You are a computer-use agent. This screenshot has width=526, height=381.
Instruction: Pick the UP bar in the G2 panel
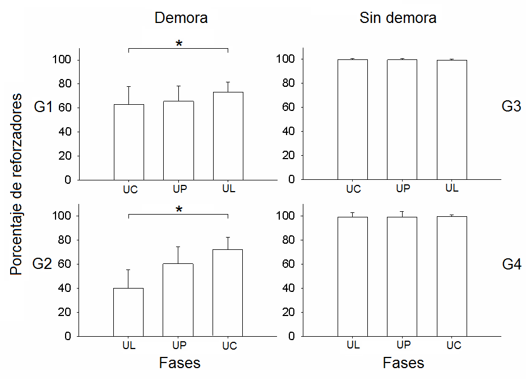pyautogui.click(x=178, y=300)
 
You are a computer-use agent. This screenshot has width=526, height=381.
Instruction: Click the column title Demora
pyautogui.click(x=181, y=18)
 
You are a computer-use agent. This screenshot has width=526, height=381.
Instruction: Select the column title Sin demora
pyautogui.click(x=398, y=18)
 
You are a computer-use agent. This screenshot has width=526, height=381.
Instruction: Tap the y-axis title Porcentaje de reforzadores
pyautogui.click(x=16, y=184)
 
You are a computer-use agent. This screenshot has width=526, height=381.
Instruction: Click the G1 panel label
pyautogui.click(x=43, y=107)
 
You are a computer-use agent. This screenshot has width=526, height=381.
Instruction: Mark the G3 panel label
pyautogui.click(x=511, y=106)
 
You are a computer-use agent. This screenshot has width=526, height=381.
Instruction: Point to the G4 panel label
pyautogui.click(x=511, y=264)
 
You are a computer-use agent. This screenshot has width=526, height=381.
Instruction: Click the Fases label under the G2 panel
pyautogui.click(x=179, y=363)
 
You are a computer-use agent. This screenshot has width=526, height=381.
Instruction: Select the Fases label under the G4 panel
pyautogui.click(x=403, y=363)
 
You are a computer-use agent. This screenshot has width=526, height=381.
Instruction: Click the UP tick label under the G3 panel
pyautogui.click(x=402, y=189)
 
